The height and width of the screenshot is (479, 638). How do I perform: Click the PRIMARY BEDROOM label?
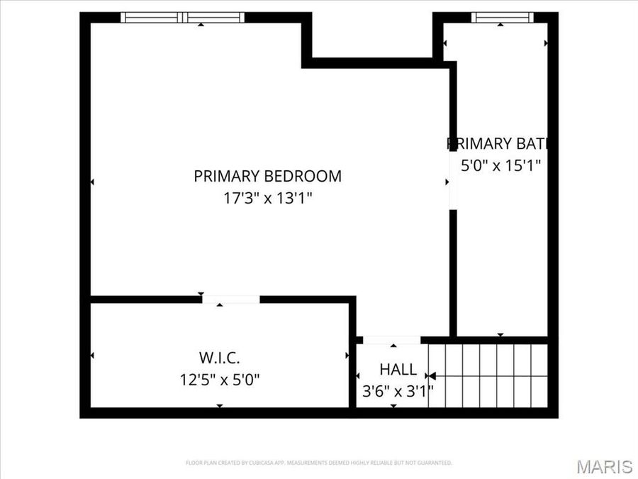coord(267,176)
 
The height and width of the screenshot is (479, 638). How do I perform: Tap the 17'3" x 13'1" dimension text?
coord(267,198)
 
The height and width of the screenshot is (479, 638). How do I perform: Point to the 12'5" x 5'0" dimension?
coord(219,379)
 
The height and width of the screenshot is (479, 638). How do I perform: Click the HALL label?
coord(398,370)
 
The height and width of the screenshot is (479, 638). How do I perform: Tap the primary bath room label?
coord(498,143)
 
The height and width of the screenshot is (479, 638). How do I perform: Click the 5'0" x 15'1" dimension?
coord(501,166)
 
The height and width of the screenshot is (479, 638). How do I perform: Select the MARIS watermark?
coord(604,466)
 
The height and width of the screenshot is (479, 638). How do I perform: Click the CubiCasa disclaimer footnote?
coord(319,463)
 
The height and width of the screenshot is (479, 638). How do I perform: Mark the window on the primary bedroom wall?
coord(182,17)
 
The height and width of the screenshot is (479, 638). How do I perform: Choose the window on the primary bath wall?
coord(501,17)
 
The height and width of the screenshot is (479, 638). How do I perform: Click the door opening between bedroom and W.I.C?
coord(230,299)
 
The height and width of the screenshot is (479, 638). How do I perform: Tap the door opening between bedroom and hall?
coord(391,340)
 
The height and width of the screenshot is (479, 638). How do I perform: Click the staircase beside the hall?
coord(488,376)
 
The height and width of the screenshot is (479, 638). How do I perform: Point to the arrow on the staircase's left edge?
coord(432,376)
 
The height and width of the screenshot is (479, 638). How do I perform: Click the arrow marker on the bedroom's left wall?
coord(92,182)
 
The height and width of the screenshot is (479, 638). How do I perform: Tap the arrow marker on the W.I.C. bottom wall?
coord(219,405)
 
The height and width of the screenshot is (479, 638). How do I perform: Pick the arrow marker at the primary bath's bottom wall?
coord(500,334)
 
